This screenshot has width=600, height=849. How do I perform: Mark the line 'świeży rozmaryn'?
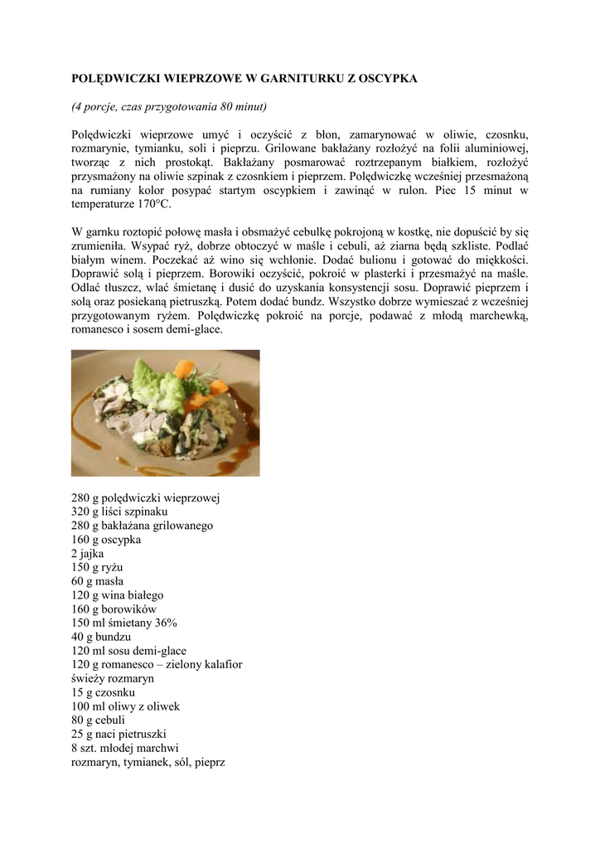point(113,678)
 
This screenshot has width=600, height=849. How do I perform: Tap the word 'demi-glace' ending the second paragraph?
point(196,329)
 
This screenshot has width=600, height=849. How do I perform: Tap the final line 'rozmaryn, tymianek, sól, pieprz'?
point(148,762)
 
